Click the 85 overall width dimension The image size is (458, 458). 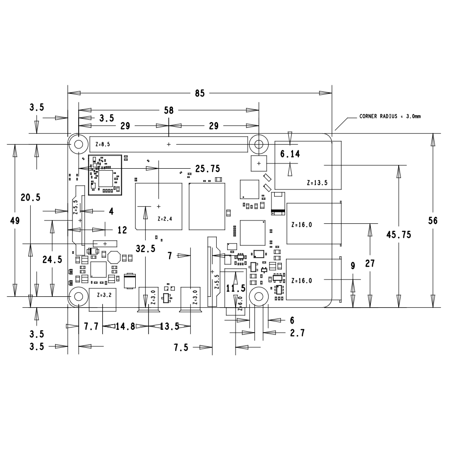tap(200, 93)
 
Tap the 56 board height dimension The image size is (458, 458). tap(433, 221)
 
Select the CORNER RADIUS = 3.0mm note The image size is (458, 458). tap(390, 116)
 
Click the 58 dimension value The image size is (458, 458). tap(169, 110)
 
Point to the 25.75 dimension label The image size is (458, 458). tap(208, 169)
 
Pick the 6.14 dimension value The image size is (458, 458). tap(290, 154)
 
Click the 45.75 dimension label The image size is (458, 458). tap(399, 235)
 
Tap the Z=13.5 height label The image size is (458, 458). tap(317, 183)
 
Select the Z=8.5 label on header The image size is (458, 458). tap(103, 144)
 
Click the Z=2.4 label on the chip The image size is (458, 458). tap(165, 219)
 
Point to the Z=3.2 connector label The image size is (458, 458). tap(104, 295)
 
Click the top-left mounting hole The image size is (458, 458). tap(79, 144)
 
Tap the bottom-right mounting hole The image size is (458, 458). tap(259, 296)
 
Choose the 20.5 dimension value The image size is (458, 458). tap(31, 197)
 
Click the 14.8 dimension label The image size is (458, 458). tap(126, 326)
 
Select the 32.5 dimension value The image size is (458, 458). tap(146, 249)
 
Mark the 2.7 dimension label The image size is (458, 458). tap(297, 333)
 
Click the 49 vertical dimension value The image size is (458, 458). tap(15, 221)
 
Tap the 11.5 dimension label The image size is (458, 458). tap(236, 288)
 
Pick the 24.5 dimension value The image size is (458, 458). tap(52, 259)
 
